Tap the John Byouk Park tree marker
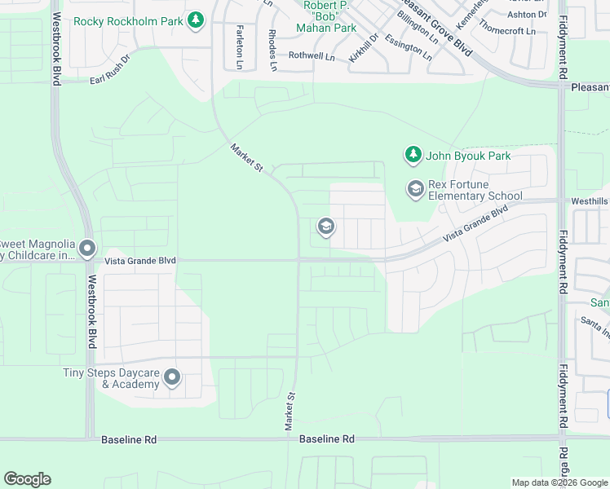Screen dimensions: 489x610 point(413,154)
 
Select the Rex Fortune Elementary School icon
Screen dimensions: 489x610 point(415,189)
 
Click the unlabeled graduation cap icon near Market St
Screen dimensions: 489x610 point(325,227)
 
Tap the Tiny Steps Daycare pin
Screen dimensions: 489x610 point(172,377)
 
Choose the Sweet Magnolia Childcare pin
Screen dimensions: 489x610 point(88,249)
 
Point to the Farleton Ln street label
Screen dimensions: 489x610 point(239,46)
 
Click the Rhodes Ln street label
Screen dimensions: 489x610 point(272,48)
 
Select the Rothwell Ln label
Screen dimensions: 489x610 point(312,56)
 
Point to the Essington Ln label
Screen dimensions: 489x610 point(409,48)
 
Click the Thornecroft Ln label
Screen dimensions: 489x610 point(508,28)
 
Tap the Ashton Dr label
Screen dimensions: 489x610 point(527,14)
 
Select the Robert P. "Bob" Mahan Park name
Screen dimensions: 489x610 point(330,16)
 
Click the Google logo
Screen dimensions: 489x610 point(27,479)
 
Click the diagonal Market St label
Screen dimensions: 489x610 point(247,158)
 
